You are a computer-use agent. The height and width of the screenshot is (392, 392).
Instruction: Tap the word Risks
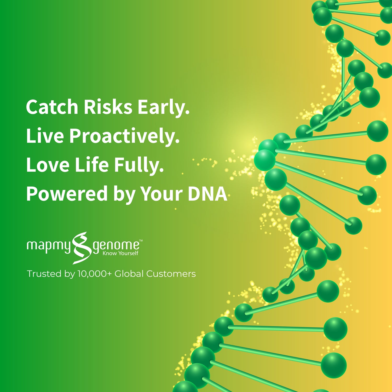point(108,107)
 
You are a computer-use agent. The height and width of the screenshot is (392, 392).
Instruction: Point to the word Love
point(48,165)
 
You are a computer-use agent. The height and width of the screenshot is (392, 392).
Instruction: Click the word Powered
point(67,194)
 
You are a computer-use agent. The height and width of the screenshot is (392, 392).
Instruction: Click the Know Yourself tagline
point(120,253)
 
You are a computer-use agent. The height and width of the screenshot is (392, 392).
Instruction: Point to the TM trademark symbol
point(141,240)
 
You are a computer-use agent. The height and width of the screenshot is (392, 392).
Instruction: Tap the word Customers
point(171,274)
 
